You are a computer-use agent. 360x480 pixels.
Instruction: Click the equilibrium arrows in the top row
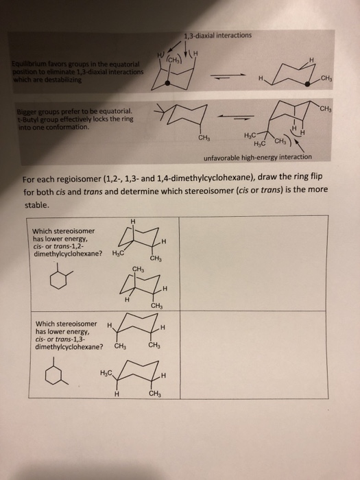[217, 77]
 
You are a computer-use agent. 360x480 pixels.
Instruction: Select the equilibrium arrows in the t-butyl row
[215, 115]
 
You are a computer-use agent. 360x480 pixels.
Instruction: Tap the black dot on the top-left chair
[163, 83]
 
